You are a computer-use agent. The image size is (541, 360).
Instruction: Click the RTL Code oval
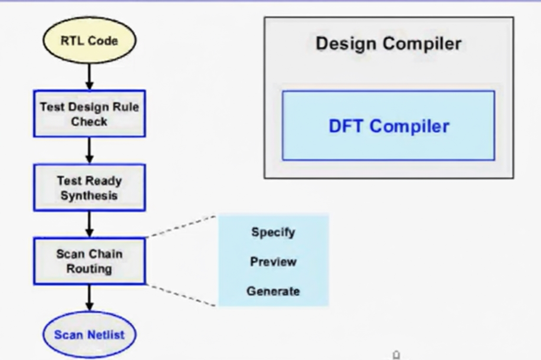pos(89,41)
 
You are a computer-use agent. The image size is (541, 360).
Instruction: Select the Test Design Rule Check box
pos(89,114)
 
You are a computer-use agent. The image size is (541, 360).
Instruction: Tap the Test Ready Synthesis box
pos(89,187)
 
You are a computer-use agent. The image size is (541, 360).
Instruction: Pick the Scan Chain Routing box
pos(89,261)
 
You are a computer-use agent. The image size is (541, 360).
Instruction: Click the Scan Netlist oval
pos(89,334)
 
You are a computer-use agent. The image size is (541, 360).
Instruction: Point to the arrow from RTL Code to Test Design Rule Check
pos(89,77)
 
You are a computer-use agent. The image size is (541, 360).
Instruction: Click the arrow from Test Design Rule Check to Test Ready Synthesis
pos(89,150)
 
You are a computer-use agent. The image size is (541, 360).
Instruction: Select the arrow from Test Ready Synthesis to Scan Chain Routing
pos(89,224)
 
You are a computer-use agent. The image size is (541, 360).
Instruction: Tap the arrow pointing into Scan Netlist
pos(89,297)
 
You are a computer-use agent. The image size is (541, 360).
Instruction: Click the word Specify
pos(273,232)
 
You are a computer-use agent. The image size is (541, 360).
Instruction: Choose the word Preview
pos(273,262)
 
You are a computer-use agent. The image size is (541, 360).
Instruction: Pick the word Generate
pos(273,291)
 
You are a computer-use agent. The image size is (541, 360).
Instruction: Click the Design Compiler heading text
pos(388,44)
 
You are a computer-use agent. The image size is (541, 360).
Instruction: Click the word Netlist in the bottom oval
pos(107,334)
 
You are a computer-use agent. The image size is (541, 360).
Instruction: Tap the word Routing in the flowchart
pos(89,269)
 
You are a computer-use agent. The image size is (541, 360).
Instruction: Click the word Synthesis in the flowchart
pos(89,195)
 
